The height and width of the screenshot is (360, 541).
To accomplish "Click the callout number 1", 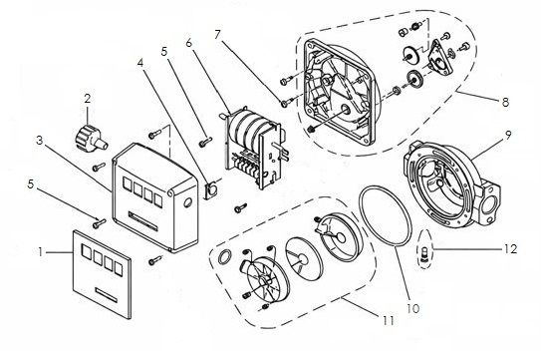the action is [41, 252].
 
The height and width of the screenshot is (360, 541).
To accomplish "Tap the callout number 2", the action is [88, 99].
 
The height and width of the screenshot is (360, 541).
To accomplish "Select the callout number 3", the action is [40, 141].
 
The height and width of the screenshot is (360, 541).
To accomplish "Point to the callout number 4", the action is [140, 63].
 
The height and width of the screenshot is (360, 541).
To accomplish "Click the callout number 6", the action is [188, 43].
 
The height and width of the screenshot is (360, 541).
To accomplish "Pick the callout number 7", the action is [217, 35].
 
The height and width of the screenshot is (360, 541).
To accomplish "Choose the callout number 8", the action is [505, 102].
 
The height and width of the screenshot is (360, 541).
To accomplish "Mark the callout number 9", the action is [508, 135].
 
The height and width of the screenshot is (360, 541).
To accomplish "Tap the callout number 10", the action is [413, 308].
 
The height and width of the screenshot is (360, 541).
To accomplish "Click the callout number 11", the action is [389, 321].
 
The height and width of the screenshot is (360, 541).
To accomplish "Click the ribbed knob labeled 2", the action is [91, 139].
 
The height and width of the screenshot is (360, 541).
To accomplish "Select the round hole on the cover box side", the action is [188, 202].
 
